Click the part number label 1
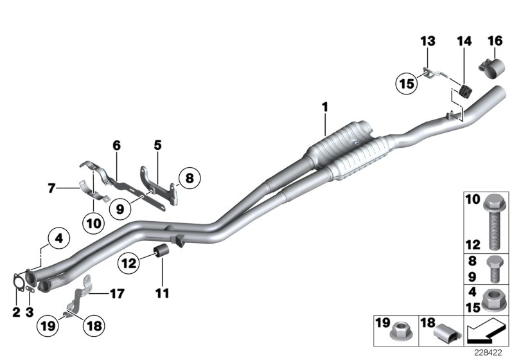tap(325, 105)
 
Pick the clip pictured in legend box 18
tap(445, 335)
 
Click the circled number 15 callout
tap(405, 84)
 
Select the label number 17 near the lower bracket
tap(116, 294)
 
